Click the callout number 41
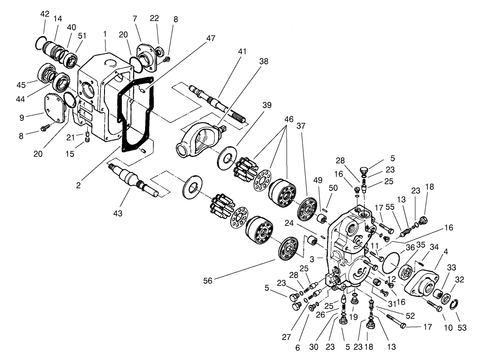tap(242, 52)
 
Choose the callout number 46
tap(288, 119)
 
